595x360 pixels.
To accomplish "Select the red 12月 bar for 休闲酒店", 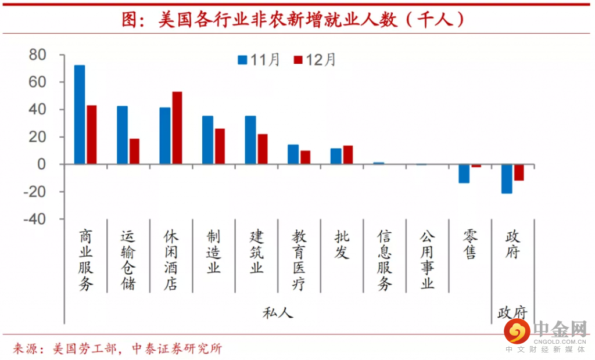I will [177, 128].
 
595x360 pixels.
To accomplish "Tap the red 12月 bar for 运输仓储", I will [134, 152].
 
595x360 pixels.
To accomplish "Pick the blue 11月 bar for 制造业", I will [207, 140].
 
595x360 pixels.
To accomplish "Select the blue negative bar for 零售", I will [464, 174].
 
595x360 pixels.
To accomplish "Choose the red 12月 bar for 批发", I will [348, 155].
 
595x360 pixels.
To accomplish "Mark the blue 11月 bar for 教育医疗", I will [293, 154].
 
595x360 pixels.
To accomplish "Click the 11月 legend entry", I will [259, 59].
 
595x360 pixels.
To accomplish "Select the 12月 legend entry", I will [314, 59].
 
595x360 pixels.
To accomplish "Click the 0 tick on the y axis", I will [41, 164].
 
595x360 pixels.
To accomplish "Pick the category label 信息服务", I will [385, 260].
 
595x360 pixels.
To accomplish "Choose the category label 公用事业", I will [428, 260].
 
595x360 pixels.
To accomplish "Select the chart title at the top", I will [293, 19].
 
